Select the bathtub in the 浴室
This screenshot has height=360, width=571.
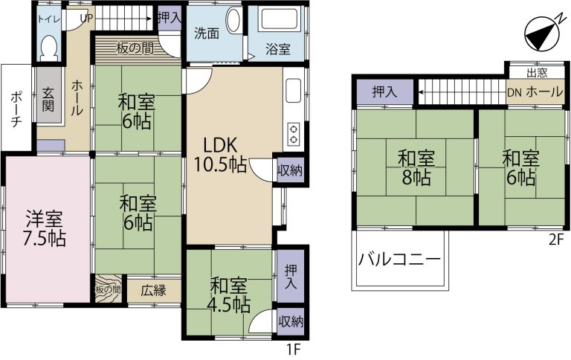(x=278, y=20)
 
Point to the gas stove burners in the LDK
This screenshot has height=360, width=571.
(x=294, y=135)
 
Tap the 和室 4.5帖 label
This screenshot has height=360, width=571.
(x=229, y=295)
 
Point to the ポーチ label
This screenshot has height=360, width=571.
(x=16, y=109)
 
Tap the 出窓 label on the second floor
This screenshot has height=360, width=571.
(x=538, y=73)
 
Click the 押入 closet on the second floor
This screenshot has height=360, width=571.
(x=384, y=92)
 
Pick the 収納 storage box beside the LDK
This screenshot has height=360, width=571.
(x=291, y=170)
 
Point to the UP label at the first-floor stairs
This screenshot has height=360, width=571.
(x=86, y=18)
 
